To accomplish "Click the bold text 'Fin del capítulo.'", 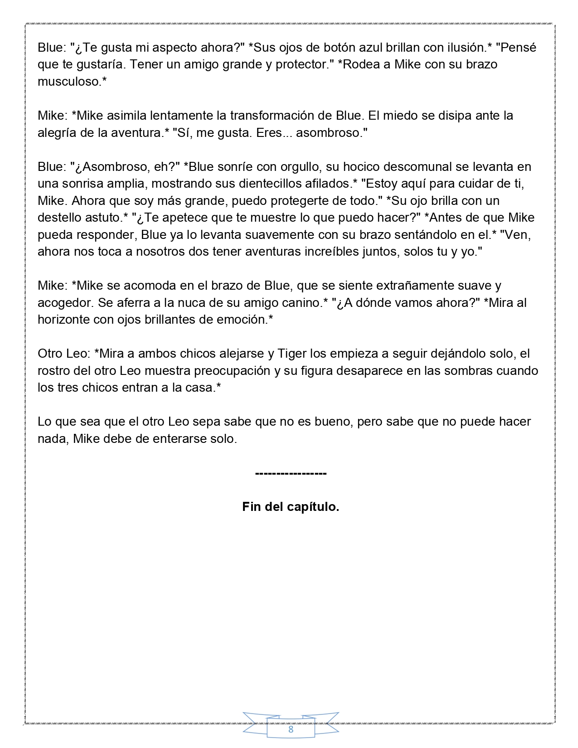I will click(x=291, y=506).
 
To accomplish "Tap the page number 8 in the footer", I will click(x=291, y=729).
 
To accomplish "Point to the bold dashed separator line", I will click(x=291, y=473).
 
